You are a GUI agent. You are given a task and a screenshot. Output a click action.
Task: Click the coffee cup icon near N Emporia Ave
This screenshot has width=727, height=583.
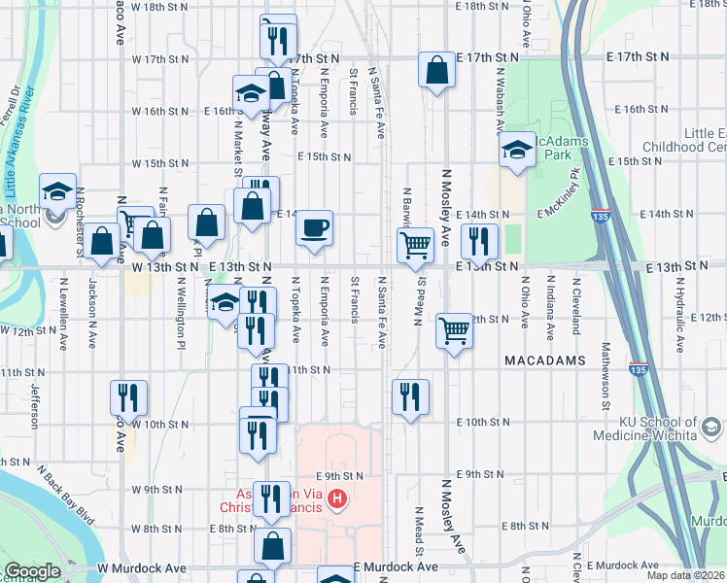314,228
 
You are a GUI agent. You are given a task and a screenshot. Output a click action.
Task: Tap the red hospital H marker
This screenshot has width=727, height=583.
337,500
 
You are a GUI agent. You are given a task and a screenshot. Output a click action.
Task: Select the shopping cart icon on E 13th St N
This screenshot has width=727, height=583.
416,245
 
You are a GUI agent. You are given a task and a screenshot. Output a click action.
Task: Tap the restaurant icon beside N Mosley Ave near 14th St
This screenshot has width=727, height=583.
479,240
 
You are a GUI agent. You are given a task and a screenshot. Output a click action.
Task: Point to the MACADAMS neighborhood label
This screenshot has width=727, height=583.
544,360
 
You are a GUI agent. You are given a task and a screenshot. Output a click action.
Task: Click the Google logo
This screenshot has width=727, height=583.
32,571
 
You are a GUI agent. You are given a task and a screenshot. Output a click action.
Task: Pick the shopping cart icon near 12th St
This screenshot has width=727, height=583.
454,331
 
